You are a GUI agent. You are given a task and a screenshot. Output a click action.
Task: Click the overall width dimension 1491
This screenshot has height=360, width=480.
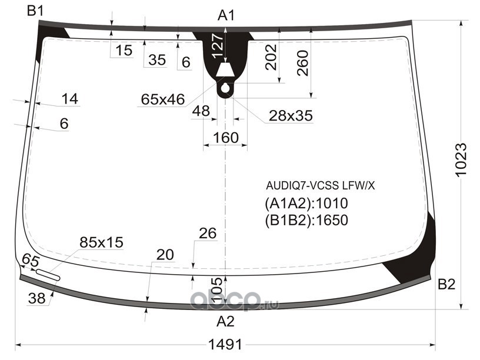pyautogui.click(x=225, y=345)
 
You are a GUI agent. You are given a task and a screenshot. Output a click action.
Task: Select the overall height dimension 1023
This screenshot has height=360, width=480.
pyautogui.click(x=461, y=159)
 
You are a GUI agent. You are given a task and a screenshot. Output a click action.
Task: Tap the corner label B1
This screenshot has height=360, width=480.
pyautogui.click(x=35, y=11)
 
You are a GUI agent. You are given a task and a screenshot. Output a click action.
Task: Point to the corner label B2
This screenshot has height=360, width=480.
pyautogui.click(x=446, y=284)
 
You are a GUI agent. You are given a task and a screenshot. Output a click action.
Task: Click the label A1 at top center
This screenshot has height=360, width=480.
pyautogui.click(x=226, y=15)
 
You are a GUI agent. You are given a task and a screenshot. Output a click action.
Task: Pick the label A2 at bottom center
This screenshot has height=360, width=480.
pyautogui.click(x=226, y=322)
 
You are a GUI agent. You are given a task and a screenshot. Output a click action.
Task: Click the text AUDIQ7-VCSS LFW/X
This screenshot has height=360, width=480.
pyautogui.click(x=320, y=185)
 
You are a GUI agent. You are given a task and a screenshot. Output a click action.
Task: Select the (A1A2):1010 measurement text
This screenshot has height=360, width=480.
pyautogui.click(x=306, y=204)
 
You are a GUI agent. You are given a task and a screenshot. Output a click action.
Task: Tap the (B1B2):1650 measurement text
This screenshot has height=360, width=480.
pyautogui.click(x=306, y=220)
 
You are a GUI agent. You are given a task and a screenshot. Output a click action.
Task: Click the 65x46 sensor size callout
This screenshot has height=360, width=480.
pyautogui.click(x=163, y=99)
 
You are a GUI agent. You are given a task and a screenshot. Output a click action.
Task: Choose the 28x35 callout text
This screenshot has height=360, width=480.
pyautogui.click(x=291, y=116)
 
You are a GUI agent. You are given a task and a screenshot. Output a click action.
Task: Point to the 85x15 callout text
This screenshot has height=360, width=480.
pyautogui.click(x=101, y=242)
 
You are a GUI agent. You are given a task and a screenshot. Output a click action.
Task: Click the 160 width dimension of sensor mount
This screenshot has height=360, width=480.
pyautogui.click(x=226, y=138)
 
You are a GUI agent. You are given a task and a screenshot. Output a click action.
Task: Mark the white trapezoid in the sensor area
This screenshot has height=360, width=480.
pyautogui.click(x=225, y=70)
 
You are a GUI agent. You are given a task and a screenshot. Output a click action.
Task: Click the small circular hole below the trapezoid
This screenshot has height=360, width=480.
pyautogui.click(x=225, y=88)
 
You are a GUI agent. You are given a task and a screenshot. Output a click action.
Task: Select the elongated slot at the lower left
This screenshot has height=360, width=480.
pyautogui.click(x=48, y=274)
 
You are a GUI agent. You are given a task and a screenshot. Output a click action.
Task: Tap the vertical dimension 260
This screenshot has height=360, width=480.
pyautogui.click(x=302, y=63)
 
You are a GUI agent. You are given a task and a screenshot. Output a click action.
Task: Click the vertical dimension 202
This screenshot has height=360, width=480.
pyautogui.click(x=271, y=57)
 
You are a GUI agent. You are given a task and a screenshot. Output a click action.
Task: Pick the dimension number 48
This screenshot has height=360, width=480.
pyautogui.click(x=201, y=111)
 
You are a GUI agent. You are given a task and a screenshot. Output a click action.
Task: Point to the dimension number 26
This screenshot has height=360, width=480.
pyautogui.click(x=208, y=234)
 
